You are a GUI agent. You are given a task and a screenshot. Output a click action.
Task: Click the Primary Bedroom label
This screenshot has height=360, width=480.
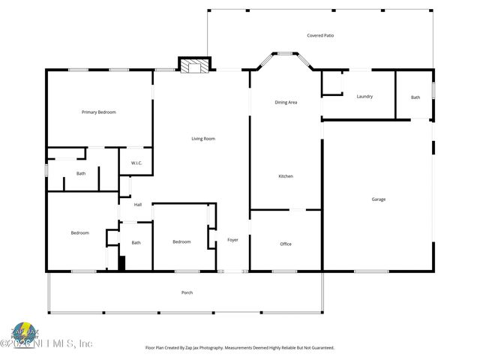coord(99,112)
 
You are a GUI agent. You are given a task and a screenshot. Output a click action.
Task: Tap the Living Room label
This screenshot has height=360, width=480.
coord(203,139)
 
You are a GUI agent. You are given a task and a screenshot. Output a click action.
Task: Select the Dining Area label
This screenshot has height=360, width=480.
coord(286,102)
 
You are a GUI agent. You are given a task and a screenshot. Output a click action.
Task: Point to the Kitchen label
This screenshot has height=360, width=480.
coord(286,176)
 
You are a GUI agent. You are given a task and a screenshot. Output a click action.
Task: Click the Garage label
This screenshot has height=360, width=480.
coord(379,199)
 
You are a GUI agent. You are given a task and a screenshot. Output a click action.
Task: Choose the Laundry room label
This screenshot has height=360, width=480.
coord(364,97)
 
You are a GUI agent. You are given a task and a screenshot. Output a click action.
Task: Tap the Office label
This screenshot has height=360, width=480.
coord(286,244)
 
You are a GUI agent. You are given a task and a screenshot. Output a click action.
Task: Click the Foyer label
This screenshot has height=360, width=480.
coord(232,240)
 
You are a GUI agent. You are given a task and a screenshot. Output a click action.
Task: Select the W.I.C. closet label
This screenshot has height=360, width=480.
coord(136,163)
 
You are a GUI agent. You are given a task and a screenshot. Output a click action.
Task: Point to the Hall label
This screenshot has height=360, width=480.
coord(138,205)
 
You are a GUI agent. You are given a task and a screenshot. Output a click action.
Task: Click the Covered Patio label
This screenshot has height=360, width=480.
coord(320,35)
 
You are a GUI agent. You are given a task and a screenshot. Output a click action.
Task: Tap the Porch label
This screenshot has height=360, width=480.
coord(187,292)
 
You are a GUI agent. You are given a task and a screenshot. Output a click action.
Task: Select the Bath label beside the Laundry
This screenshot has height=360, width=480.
coord(415,97)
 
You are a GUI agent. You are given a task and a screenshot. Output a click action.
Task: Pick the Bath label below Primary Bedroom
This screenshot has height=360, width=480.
coord(81,174)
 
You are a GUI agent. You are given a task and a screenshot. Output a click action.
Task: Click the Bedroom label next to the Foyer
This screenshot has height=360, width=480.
coord(181,241)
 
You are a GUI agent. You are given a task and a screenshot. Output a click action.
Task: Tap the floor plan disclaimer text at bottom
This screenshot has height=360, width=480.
coord(239,347)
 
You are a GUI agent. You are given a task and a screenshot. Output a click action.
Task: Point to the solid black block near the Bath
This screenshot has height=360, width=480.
coord(121,262)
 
